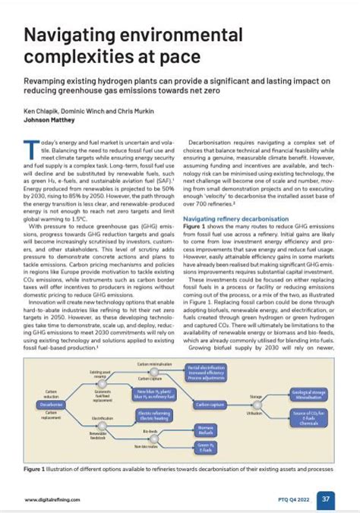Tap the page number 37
pyautogui.click(x=326, y=499)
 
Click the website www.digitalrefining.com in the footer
pyautogui.click(x=53, y=500)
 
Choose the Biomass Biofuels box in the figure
pyautogui.click(x=205, y=430)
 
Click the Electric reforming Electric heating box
pyautogui.click(x=153, y=414)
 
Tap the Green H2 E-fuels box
pyautogui.click(x=205, y=448)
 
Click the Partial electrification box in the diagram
pyautogui.click(x=205, y=372)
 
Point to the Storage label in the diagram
pyautogui.click(x=256, y=396)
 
